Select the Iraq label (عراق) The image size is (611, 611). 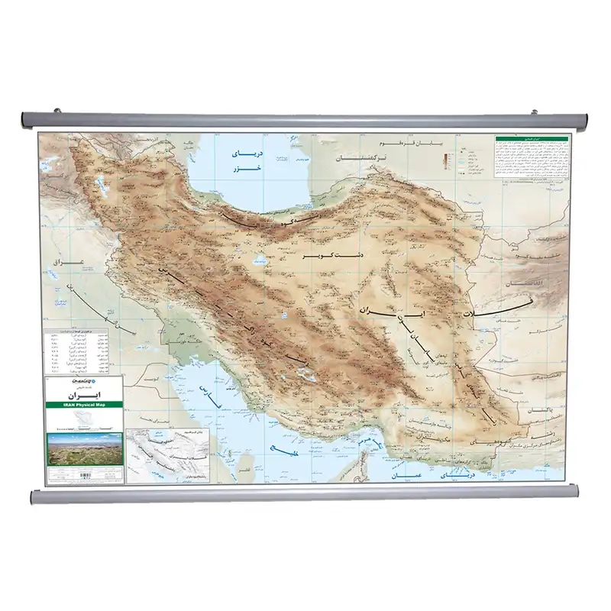coord(60,263)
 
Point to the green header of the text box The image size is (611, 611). coord(532,140)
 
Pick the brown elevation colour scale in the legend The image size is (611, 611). coord(445,161)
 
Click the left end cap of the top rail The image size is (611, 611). coord(24,119)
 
